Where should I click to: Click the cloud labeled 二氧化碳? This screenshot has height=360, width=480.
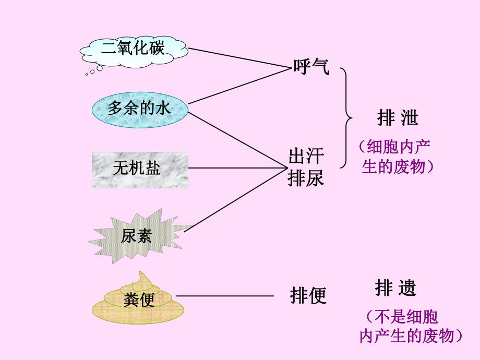click(133, 50)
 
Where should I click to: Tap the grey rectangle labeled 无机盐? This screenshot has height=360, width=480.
click(140, 169)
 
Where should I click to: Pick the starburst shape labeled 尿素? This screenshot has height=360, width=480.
click(137, 236)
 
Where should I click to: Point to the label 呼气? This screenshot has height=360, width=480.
click(311, 67)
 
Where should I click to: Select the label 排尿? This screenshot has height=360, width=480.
click(306, 178)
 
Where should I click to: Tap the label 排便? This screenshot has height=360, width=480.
click(308, 296)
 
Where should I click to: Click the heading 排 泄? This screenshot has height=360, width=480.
click(398, 118)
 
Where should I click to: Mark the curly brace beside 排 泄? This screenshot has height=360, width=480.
click(346, 117)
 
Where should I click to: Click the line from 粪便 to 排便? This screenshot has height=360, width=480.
click(224, 296)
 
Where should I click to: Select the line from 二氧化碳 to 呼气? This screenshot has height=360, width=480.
click(240, 58)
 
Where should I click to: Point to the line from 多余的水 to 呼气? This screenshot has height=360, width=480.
click(240, 84)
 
